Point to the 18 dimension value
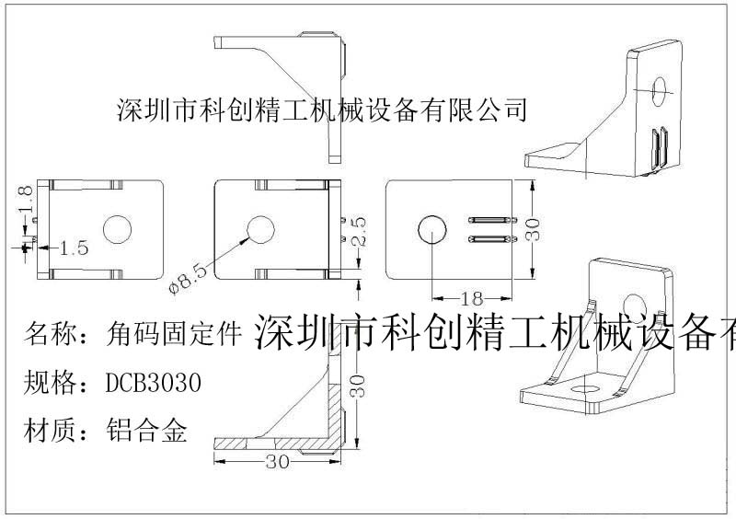[471, 298]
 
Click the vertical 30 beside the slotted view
[535, 228]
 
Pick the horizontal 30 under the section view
[278, 462]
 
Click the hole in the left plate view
[118, 230]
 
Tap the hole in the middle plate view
[260, 230]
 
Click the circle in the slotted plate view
[431, 230]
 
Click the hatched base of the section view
[276, 445]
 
